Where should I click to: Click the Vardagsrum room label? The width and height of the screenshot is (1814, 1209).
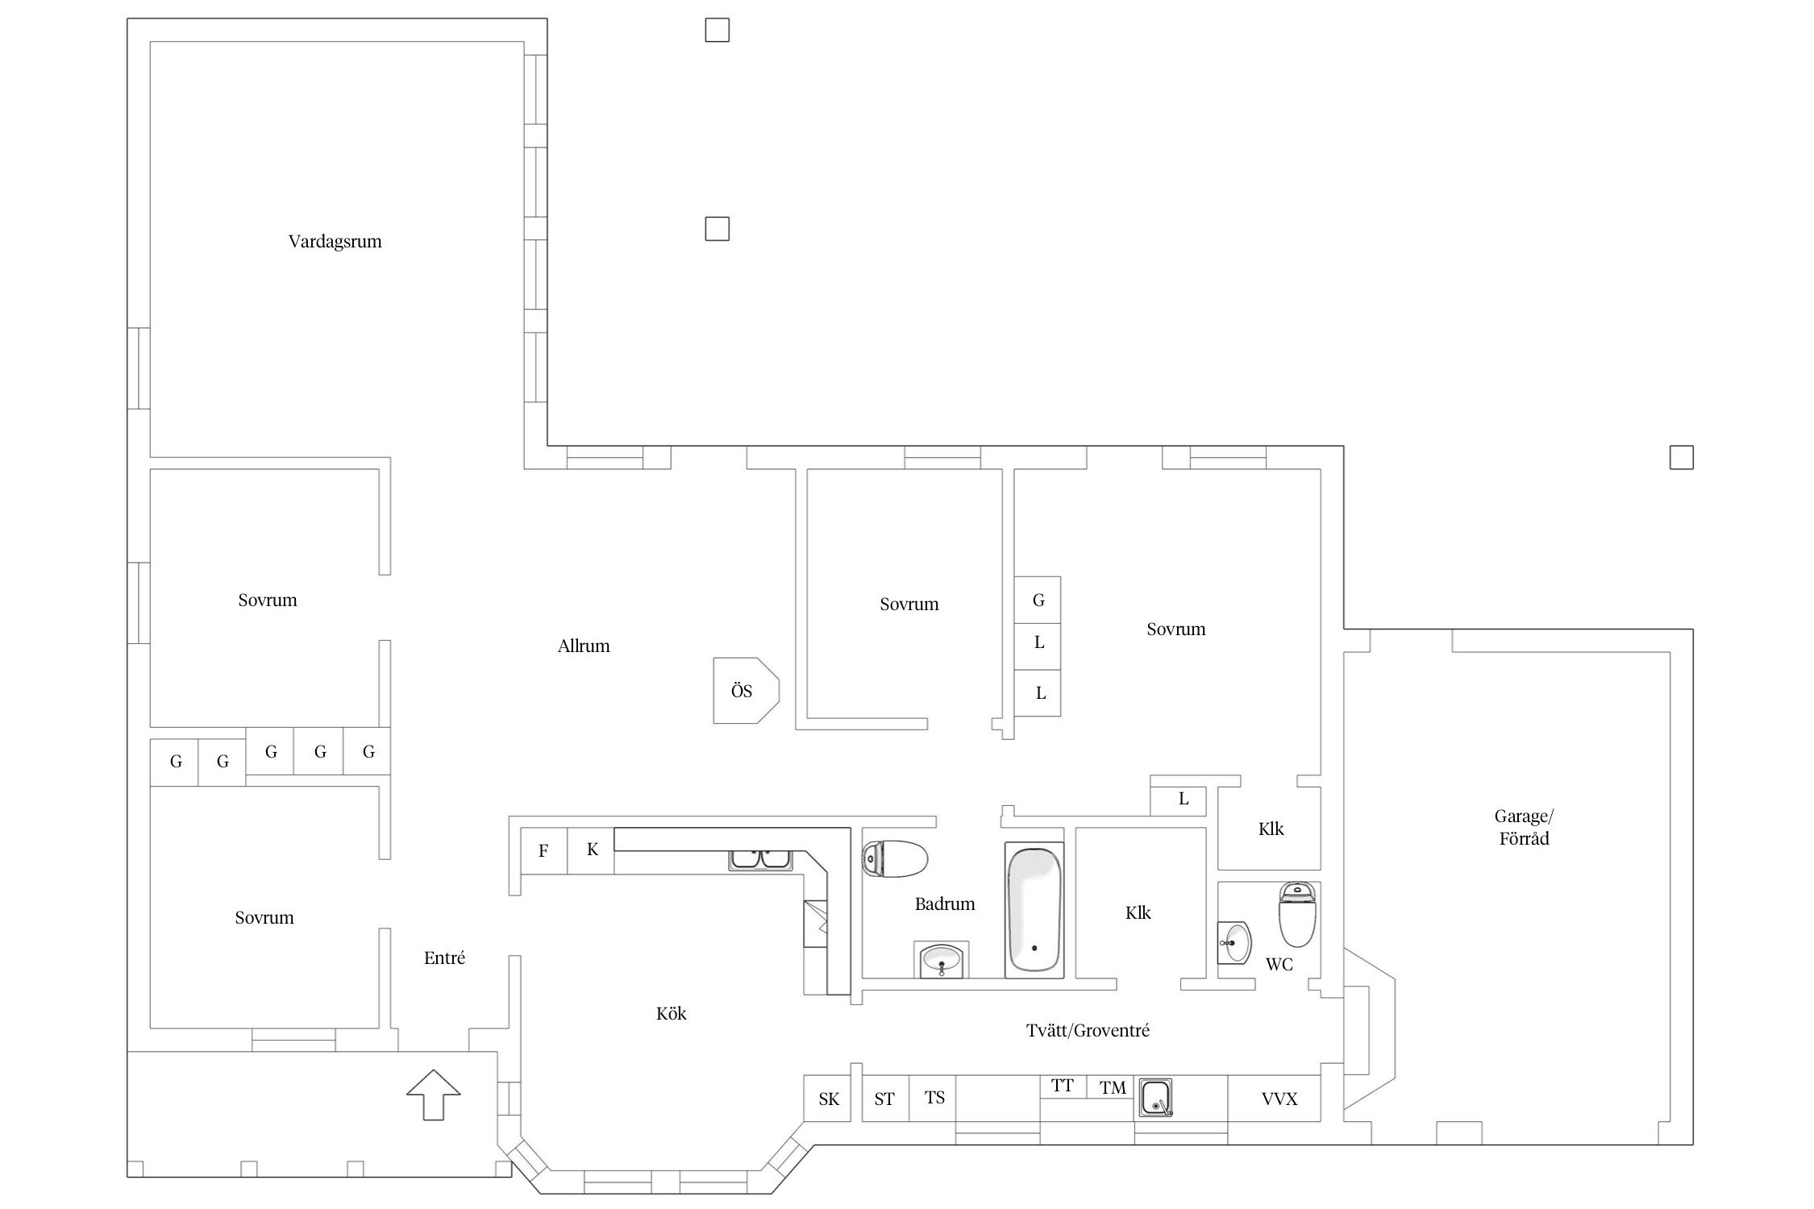pos(335,242)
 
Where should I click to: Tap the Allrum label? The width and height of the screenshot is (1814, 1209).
pos(584,646)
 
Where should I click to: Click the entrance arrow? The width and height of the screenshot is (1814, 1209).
pos(434,1095)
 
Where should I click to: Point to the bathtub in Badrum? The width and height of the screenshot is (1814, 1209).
pos(1034,911)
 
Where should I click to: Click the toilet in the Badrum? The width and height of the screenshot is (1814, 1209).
pos(895,859)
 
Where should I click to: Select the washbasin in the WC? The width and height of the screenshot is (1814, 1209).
pos(1234,942)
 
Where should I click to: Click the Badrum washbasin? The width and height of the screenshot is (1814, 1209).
pos(944,959)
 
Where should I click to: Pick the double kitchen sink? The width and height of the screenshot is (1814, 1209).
pos(761,859)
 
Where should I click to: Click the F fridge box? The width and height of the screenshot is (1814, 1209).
pos(544,850)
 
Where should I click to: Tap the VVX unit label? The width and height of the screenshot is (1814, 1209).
pos(1279,1099)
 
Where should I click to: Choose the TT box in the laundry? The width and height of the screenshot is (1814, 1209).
pos(1063,1086)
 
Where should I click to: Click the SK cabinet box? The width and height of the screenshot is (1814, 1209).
pos(828,1098)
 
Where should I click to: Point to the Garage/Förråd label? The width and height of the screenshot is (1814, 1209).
pos(1524,828)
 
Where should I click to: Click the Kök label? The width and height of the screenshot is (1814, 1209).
pos(671,1014)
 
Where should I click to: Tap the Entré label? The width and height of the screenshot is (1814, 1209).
pos(444,958)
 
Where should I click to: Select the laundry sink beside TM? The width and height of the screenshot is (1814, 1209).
pos(1155,1098)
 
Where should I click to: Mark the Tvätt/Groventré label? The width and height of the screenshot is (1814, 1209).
pos(1088,1031)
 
